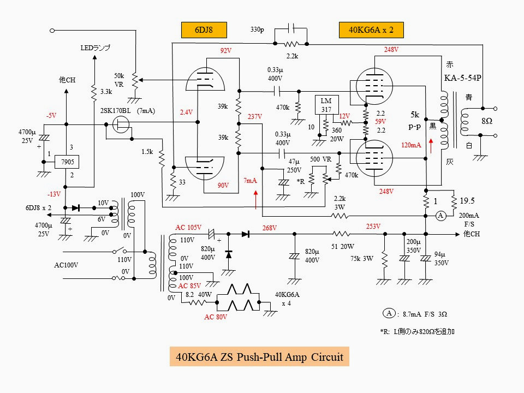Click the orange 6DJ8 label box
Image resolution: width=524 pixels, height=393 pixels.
204,30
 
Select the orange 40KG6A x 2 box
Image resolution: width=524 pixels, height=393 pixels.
371,30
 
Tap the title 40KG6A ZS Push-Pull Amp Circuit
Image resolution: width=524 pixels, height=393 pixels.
259,358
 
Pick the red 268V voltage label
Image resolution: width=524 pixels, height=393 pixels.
270,228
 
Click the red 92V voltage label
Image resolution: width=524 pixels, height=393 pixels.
226,51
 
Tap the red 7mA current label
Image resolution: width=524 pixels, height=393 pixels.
251,181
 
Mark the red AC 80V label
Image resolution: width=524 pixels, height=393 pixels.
216,317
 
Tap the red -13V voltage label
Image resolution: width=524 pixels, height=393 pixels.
53,194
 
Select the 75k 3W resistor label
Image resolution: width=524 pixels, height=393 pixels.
362,258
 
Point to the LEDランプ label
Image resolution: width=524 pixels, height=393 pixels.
96,48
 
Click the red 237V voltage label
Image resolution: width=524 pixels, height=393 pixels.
255,117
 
